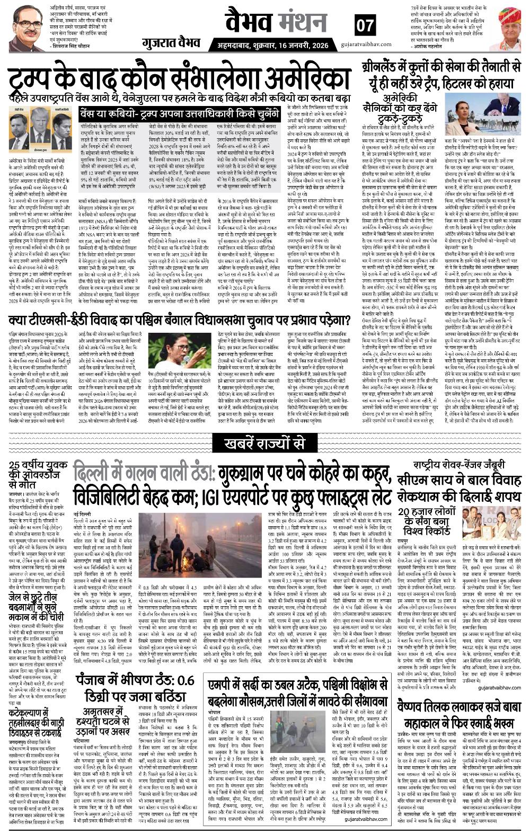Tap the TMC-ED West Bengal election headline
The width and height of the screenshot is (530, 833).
179,321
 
